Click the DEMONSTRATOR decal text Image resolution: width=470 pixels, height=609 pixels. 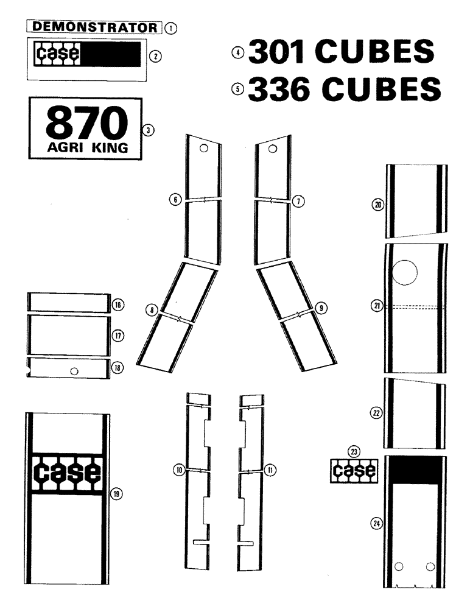point(95,27)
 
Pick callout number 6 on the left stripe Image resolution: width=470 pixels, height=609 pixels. point(176,199)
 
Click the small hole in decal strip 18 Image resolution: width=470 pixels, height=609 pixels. point(74,371)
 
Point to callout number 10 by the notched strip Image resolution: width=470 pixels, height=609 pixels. point(179,470)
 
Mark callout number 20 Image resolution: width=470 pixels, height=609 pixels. point(377,206)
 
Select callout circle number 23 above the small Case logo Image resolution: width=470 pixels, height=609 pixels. point(353,451)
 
